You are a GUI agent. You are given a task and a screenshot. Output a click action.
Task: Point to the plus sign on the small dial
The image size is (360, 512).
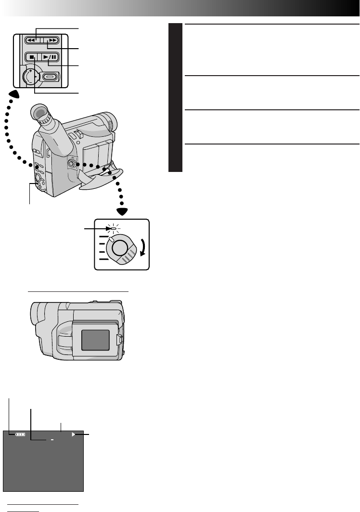pos(30,71)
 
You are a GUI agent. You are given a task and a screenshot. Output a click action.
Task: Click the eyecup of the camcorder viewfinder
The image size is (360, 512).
pos(41,114)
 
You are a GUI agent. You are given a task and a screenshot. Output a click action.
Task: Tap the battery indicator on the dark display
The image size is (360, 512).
pos(21,434)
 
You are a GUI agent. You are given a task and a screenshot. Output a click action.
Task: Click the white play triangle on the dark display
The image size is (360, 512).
pos(74,434)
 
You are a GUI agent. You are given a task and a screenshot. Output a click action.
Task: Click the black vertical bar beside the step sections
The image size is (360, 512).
pos(176,98)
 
